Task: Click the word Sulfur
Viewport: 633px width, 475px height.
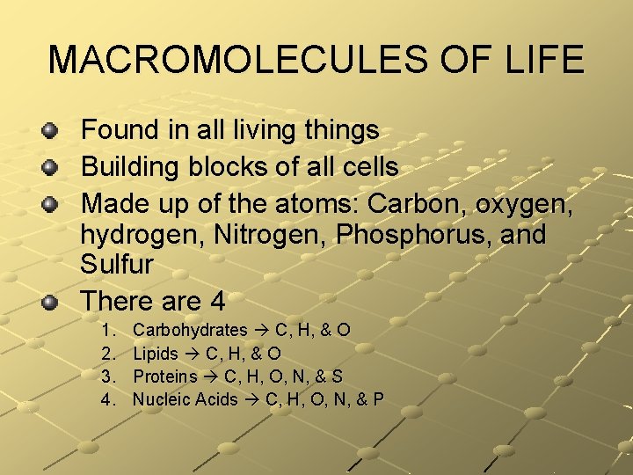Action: pos(117,264)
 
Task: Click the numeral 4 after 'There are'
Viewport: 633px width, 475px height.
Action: pos(217,302)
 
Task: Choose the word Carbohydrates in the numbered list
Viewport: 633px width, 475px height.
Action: pos(190,331)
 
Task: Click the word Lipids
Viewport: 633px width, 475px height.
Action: pos(156,354)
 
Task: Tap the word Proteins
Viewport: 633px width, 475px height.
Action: pos(164,376)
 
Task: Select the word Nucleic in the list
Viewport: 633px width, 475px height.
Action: pos(162,399)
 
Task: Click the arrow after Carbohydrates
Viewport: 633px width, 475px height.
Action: pos(261,331)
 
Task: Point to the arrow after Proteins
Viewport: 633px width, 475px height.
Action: pos(211,376)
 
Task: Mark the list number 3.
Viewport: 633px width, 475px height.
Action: pos(109,376)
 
